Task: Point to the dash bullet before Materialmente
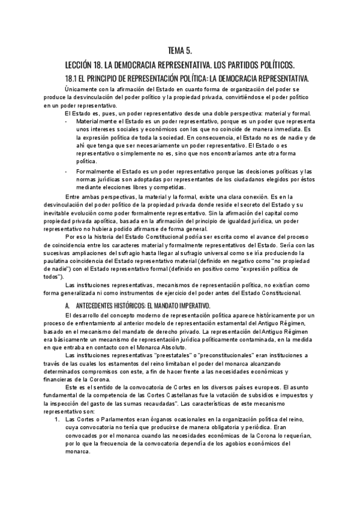[x=66, y=122]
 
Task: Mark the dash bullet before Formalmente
[x=66, y=172]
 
